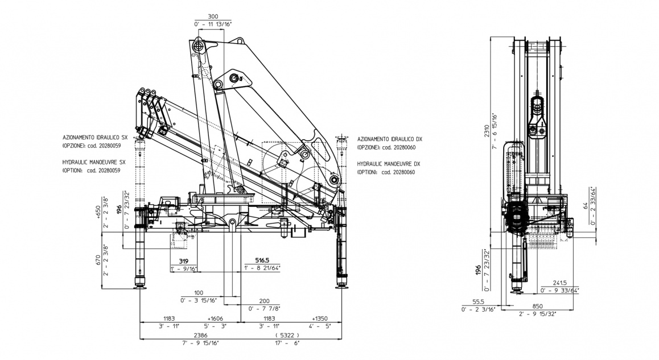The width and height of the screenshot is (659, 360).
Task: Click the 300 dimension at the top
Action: (x=212, y=17)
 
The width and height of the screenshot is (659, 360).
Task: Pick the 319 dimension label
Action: (x=183, y=261)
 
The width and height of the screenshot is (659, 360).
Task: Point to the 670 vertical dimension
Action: (x=98, y=260)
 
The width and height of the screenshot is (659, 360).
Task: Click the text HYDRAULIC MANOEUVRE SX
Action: (x=94, y=162)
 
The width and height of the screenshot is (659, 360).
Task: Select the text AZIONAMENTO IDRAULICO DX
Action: (x=390, y=139)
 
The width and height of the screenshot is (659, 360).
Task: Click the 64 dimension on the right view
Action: (x=585, y=205)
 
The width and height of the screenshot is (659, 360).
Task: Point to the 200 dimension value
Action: (x=264, y=301)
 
